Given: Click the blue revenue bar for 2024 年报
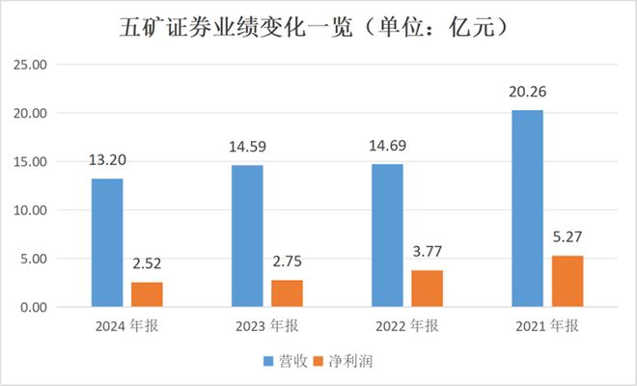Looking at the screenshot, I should pos(107,242).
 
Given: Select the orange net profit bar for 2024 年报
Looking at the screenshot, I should pos(147,294).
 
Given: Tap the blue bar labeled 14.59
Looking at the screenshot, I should pos(246,235).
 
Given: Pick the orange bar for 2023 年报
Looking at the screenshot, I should pos(287,293).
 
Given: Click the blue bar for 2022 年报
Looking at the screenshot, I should pos(387,235).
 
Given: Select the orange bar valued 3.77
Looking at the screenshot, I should pos(427,289).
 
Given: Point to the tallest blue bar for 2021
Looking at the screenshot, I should pos(527,208).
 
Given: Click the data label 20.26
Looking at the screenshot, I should pos(527,96).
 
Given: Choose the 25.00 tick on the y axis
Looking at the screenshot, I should pos(33,65).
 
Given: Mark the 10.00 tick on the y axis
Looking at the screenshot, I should pos(33,210).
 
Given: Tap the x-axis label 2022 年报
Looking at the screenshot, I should pos(407,326).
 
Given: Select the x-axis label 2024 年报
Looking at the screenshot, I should pos(127,326).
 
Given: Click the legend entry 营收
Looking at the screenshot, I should pos(286,361).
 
